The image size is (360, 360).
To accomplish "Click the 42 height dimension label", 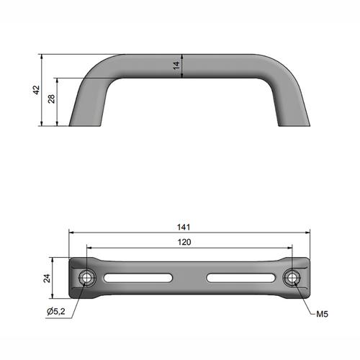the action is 36,90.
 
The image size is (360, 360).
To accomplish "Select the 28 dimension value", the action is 51,99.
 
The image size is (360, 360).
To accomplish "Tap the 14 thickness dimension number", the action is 176,66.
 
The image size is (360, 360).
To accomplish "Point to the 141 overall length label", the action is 184,227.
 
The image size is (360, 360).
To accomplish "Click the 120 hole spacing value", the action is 184,242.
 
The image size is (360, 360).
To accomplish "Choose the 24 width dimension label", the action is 47,278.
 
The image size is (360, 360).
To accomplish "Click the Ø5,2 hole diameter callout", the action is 56,312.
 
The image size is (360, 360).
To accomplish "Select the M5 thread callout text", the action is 322,314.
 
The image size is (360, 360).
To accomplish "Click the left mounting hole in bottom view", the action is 86,278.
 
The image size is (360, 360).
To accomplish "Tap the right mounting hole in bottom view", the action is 292,278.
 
